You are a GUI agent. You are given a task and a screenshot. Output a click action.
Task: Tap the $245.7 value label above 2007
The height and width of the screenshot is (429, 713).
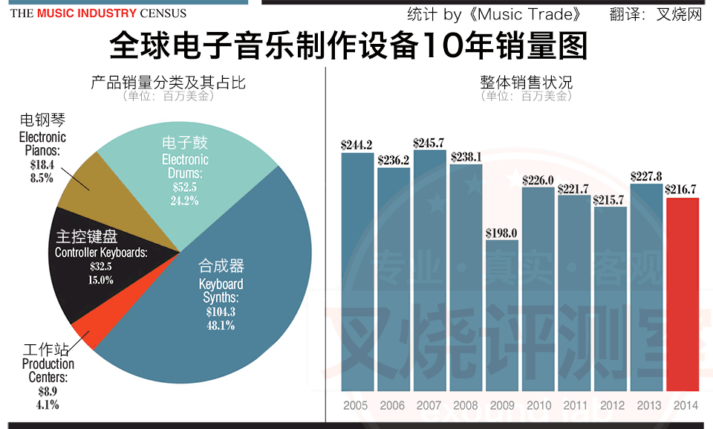(429, 143)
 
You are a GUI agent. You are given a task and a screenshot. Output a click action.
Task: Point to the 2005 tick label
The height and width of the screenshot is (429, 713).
(356, 405)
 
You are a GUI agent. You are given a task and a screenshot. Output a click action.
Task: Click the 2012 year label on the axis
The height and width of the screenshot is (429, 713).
(611, 405)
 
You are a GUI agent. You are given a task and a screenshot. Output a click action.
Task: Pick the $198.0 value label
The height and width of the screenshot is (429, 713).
(502, 233)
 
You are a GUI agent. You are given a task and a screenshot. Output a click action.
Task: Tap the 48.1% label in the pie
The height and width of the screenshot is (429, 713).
(220, 325)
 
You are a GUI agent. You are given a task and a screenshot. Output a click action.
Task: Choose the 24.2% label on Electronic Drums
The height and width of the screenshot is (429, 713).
(185, 200)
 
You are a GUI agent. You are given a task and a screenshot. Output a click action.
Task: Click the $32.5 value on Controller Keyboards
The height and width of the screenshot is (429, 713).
(101, 266)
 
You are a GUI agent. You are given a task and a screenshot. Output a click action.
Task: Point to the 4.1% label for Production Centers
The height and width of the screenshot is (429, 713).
(48, 405)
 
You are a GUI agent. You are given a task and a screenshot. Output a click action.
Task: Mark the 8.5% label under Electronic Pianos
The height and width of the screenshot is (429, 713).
(42, 178)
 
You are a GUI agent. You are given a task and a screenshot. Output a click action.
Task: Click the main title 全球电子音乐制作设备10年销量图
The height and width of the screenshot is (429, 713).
(348, 46)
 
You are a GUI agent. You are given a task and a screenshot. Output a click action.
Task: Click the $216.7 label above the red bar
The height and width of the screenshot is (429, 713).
(683, 189)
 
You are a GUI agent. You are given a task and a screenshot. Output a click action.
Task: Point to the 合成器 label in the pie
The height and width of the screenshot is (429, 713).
(221, 266)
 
